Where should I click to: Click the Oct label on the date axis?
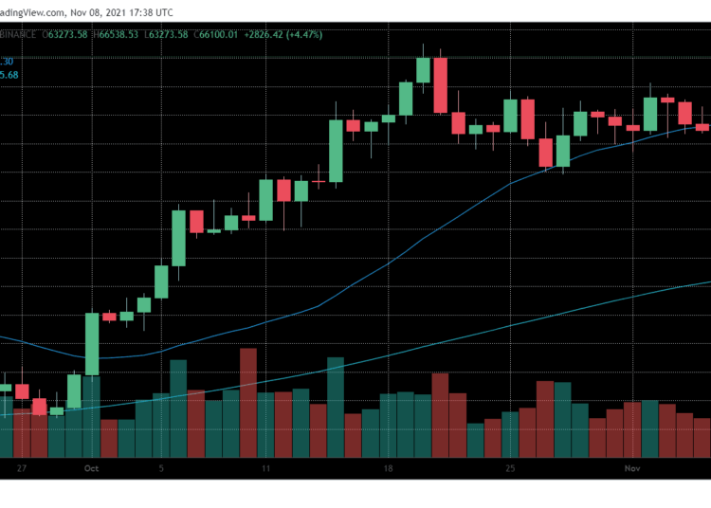coord(91,467)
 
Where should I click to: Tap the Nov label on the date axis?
coord(633,467)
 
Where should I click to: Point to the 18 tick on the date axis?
coord(389,467)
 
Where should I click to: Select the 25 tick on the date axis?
coord(510,467)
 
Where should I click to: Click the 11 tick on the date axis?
coord(267,467)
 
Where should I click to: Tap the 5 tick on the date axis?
coord(162,467)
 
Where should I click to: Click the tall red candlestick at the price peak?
coord(441,85)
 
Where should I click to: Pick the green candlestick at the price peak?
coord(423,70)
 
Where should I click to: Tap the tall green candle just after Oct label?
coord(93,344)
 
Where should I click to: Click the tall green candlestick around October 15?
coord(336,150)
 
